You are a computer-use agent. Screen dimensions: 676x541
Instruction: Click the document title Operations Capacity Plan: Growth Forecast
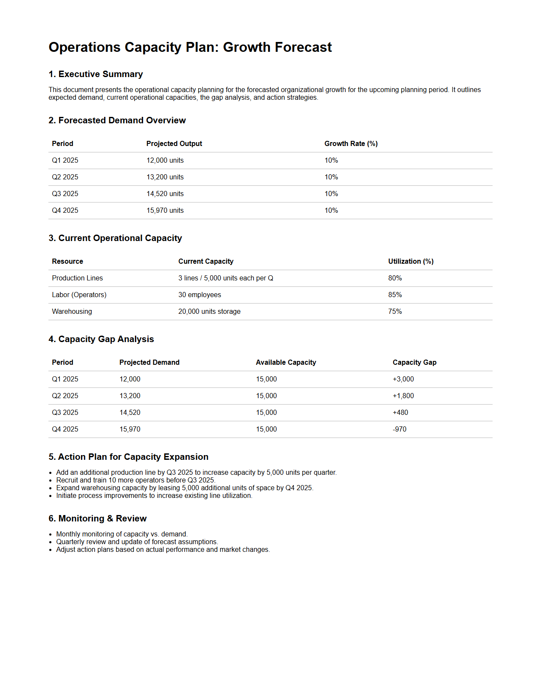pyautogui.click(x=190, y=47)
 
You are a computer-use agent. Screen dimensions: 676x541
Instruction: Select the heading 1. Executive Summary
pyautogui.click(x=96, y=74)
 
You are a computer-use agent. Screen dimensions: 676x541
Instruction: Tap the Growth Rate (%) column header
pyautogui.click(x=351, y=143)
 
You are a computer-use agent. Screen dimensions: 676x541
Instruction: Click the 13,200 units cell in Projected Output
pyautogui.click(x=165, y=177)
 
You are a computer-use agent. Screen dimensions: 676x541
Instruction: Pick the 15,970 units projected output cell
pyautogui.click(x=165, y=210)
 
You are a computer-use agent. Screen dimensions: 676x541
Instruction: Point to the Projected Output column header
pyautogui.click(x=174, y=143)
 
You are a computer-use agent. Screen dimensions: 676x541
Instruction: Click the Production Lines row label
pyautogui.click(x=77, y=278)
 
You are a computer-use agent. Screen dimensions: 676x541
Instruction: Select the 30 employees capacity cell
pyautogui.click(x=200, y=295)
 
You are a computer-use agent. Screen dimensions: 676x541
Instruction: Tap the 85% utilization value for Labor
pyautogui.click(x=395, y=295)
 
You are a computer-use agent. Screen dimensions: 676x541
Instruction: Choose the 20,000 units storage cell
pyautogui.click(x=209, y=311)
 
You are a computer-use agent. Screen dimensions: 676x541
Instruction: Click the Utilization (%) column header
pyautogui.click(x=411, y=261)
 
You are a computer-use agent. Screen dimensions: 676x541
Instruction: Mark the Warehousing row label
pyautogui.click(x=72, y=311)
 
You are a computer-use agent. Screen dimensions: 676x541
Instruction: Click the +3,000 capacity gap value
pyautogui.click(x=403, y=379)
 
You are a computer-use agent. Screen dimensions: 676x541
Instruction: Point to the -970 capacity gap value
pyautogui.click(x=399, y=429)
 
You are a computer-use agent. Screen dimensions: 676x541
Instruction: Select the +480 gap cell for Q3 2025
pyautogui.click(x=400, y=412)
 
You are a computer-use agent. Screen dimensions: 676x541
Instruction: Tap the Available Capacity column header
pyautogui.click(x=286, y=362)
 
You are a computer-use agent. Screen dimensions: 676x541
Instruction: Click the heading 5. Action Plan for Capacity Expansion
pyautogui.click(x=128, y=457)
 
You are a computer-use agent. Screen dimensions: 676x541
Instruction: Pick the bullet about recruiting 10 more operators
pyautogui.click(x=135, y=480)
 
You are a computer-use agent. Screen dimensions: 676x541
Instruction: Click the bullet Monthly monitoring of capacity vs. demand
pyautogui.click(x=122, y=534)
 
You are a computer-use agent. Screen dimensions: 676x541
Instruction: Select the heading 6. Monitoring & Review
pyautogui.click(x=97, y=518)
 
